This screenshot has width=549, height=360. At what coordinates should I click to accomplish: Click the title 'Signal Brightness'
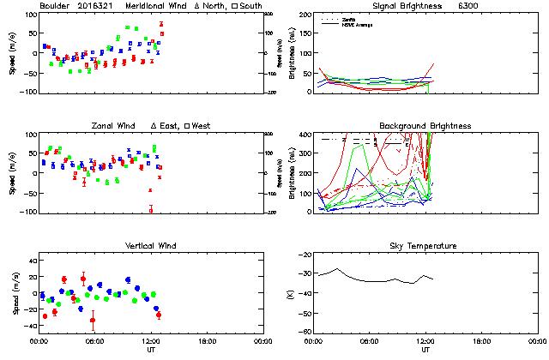coord(407,6)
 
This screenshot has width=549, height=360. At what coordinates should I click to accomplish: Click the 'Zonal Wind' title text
coord(114,126)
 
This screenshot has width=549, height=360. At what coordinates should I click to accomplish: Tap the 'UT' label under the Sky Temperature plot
coord(425,350)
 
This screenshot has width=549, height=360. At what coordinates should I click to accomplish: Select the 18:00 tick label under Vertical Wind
coord(206,341)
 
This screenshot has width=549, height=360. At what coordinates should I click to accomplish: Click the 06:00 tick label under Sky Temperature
coord(370,341)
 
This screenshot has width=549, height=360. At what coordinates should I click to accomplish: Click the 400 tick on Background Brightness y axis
coord(304,135)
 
